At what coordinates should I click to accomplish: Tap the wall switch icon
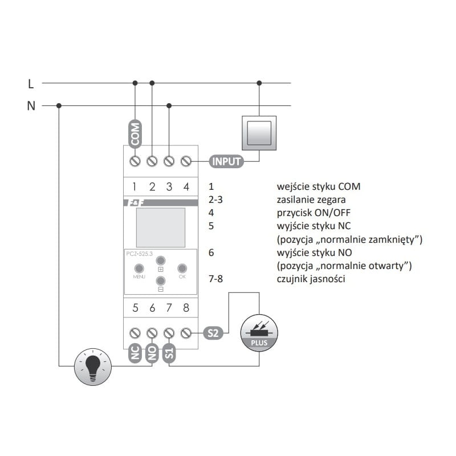(259, 133)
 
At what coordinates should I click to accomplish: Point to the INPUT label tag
(227, 161)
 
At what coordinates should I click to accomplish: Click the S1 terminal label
(169, 354)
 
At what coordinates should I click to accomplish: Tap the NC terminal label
(135, 353)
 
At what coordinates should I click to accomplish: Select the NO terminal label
(152, 353)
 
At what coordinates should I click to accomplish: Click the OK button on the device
(182, 267)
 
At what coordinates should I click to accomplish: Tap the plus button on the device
(160, 258)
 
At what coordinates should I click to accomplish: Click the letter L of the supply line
(31, 84)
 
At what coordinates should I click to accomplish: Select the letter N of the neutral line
(31, 105)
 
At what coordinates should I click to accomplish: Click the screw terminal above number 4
(186, 161)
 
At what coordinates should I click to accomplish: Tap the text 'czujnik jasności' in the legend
(311, 279)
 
